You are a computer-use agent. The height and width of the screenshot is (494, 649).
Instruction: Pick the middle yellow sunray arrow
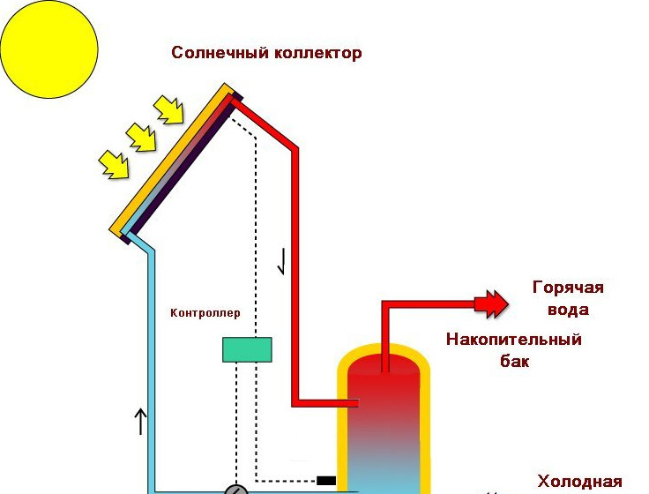click(x=141, y=136)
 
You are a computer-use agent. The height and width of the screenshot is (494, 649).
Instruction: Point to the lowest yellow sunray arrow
click(x=112, y=162)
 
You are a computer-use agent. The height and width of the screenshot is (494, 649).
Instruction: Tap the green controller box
click(x=247, y=350)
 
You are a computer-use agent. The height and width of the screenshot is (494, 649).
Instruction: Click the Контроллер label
click(x=205, y=313)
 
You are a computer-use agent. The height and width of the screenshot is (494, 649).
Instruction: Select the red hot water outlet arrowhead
click(x=490, y=304)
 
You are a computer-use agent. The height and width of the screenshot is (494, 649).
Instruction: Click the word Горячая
click(x=569, y=288)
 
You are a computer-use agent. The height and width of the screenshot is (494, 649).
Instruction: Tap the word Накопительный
click(x=514, y=340)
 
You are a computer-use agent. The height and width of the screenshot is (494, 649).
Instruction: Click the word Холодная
click(x=579, y=482)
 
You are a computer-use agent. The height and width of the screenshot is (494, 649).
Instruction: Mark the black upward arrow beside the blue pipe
click(x=139, y=421)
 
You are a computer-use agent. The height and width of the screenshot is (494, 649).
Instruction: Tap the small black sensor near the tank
click(x=326, y=481)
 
